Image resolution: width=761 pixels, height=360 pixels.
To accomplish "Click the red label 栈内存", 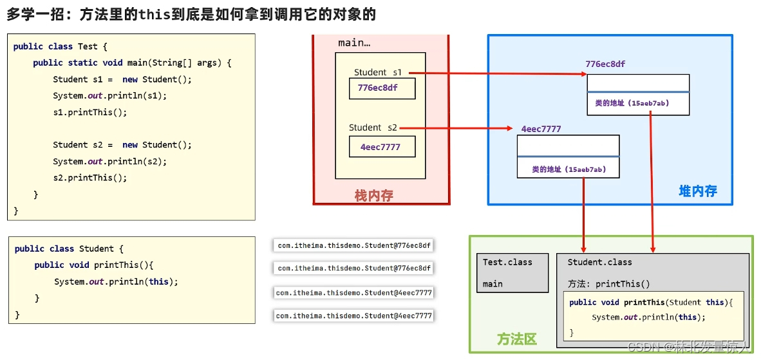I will pyautogui.click(x=373, y=195).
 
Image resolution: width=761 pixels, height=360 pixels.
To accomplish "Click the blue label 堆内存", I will pyautogui.click(x=697, y=191).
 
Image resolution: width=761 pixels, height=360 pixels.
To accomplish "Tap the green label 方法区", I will pyautogui.click(x=516, y=339).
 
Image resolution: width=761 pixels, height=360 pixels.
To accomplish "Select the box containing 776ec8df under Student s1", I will pyautogui.click(x=382, y=88).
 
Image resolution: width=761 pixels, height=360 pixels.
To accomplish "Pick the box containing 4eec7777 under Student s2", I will pyautogui.click(x=382, y=147).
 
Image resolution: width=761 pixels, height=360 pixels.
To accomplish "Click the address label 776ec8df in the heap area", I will pyautogui.click(x=605, y=64).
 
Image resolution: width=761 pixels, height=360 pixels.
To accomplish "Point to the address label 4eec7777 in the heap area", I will pyautogui.click(x=541, y=129).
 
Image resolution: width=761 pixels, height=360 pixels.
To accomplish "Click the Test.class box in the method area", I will pyautogui.click(x=513, y=273).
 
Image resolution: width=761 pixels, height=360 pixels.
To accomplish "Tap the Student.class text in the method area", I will pyautogui.click(x=599, y=262).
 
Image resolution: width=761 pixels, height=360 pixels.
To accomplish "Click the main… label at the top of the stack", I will pyautogui.click(x=353, y=43).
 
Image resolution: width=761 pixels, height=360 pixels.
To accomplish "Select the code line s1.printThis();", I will pyautogui.click(x=90, y=112).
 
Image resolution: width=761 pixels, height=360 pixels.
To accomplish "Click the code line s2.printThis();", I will pyautogui.click(x=90, y=178).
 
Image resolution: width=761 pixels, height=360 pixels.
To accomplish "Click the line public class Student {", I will pyautogui.click(x=68, y=249).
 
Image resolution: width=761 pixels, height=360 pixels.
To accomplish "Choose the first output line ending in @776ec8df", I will pyautogui.click(x=353, y=245).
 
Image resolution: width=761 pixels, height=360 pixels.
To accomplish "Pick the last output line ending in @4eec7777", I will pyautogui.click(x=353, y=316).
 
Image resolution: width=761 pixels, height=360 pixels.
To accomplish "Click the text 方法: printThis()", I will pyautogui.click(x=608, y=284).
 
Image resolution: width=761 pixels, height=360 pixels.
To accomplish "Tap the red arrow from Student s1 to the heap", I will pyautogui.click(x=496, y=73).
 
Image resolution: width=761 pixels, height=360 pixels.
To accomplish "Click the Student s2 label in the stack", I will pyautogui.click(x=373, y=128).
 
